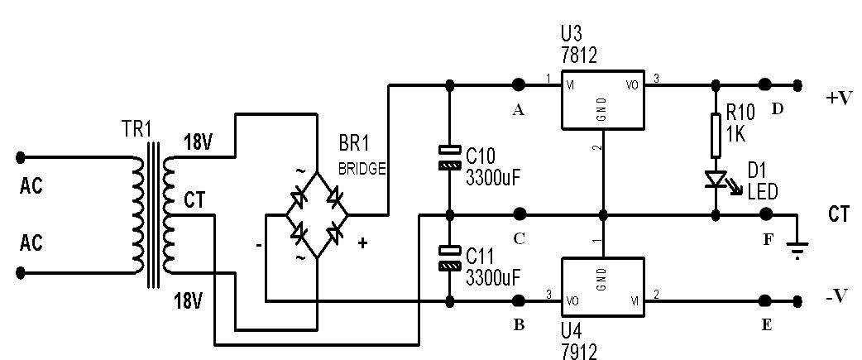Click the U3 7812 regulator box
tap(603, 101)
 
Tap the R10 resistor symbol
tap(716, 135)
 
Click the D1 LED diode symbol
tap(716, 180)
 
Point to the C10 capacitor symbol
tap(450, 157)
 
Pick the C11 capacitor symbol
tap(450, 258)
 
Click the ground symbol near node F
tap(798, 248)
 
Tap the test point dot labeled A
tap(518, 84)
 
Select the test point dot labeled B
tap(518, 300)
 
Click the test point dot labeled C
tap(518, 214)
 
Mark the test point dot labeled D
tap(764, 84)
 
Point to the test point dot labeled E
tap(764, 300)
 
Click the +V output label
tap(839, 98)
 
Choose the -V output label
tap(838, 296)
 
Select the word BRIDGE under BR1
tap(362, 169)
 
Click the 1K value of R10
tap(736, 133)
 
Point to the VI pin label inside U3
tap(572, 85)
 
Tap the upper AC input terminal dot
tap(21, 158)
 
